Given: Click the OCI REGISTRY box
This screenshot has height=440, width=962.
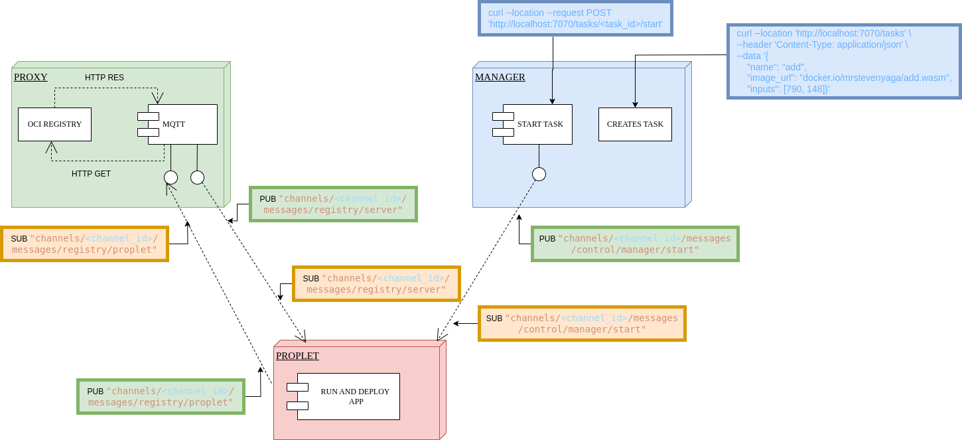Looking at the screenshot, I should click(x=54, y=124).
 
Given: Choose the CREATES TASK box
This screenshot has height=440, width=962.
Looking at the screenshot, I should click(x=635, y=124).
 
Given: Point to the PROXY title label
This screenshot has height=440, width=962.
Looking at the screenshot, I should click(x=31, y=77).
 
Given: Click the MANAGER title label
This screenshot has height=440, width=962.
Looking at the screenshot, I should click(x=500, y=78).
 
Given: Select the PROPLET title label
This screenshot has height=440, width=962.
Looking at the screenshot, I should click(x=297, y=356).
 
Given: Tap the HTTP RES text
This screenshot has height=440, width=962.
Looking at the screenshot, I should click(x=104, y=78).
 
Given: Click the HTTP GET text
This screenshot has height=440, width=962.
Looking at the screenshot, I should click(x=91, y=174).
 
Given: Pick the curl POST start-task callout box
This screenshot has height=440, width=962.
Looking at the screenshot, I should click(x=575, y=19).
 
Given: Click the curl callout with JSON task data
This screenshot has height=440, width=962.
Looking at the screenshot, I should click(x=844, y=61).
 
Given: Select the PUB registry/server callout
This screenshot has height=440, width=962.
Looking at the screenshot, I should click(x=333, y=204).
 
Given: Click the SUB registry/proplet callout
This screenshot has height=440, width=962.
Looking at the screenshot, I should click(x=84, y=244).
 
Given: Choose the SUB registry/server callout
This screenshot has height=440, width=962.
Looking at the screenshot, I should click(x=376, y=284).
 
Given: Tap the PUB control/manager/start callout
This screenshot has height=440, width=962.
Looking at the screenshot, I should click(x=635, y=244).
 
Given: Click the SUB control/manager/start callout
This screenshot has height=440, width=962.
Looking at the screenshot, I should click(x=582, y=324).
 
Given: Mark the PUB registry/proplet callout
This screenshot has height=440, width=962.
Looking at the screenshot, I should click(x=161, y=397).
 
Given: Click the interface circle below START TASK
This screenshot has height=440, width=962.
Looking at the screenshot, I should click(x=539, y=175).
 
